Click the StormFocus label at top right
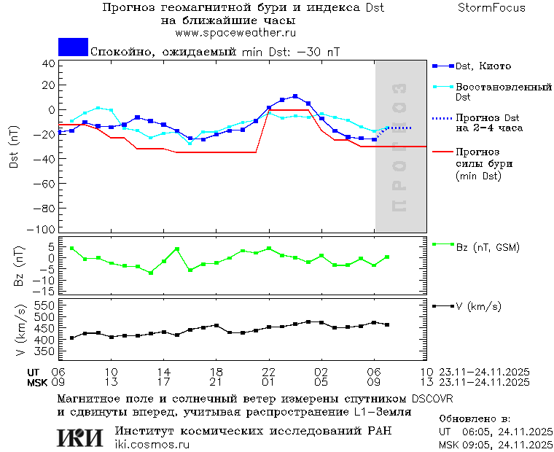pos(492,8)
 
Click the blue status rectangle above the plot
pos(73,47)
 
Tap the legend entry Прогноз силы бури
pos(481,164)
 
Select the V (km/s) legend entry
pos(478,306)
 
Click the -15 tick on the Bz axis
pos(46,291)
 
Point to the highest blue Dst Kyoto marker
pos(295,96)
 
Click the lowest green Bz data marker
pos(151,273)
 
